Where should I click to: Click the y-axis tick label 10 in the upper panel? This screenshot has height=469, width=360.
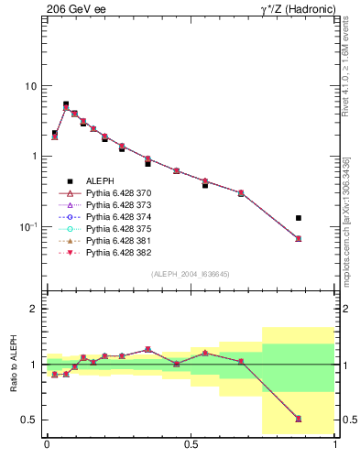click(x=29, y=86)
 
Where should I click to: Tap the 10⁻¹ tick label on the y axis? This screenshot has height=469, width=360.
click(x=27, y=225)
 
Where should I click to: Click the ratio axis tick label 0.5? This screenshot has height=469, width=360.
click(x=29, y=420)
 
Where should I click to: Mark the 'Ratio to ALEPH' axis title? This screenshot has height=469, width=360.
click(x=13, y=364)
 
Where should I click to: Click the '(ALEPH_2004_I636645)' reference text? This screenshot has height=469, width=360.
click(x=190, y=273)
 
